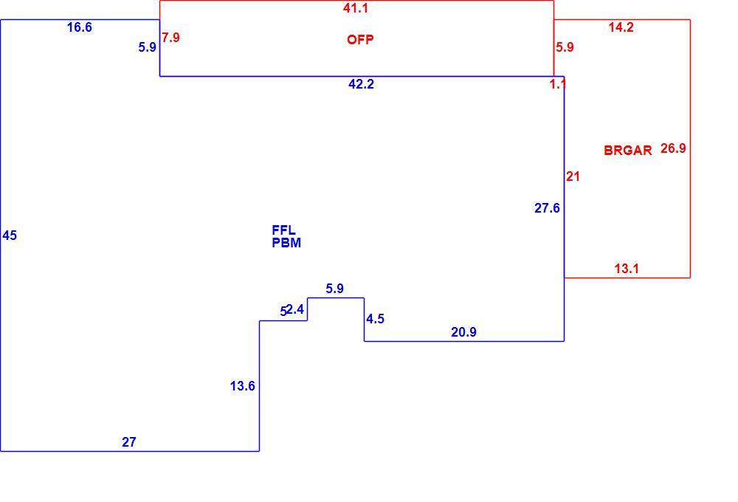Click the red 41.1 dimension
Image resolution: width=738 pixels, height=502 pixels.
356,8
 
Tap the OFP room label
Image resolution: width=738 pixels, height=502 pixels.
360,40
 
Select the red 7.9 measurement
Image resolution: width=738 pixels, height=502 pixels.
171,37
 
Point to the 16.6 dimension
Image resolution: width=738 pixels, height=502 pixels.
80,27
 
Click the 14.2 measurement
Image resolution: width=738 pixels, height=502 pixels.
621,27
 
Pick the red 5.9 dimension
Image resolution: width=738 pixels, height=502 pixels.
565,47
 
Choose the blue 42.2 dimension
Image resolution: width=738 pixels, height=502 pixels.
361,84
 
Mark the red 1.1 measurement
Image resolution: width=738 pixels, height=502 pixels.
557,84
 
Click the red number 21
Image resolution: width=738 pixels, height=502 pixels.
573,176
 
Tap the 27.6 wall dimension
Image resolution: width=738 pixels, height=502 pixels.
547,207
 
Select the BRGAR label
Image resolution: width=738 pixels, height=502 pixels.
628,150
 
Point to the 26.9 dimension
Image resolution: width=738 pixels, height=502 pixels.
673,148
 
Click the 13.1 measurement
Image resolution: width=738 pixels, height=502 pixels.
627,269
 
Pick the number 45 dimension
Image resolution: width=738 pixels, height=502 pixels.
10,235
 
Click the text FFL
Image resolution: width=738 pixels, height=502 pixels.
284,230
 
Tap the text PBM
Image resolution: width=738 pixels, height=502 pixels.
286,243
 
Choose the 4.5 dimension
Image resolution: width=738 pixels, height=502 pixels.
375,319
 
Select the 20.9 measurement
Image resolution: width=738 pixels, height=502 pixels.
463,332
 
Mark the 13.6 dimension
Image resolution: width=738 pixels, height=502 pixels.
242,386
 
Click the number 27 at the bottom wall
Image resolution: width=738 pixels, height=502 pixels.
129,441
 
